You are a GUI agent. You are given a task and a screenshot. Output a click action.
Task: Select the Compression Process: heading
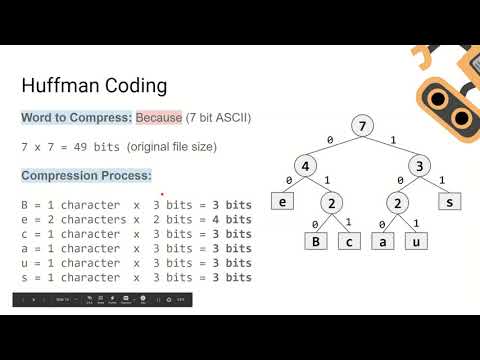(x=85, y=176)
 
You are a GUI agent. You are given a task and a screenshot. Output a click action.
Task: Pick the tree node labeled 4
(x=309, y=164)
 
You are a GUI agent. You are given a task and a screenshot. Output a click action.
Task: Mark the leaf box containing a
(x=380, y=241)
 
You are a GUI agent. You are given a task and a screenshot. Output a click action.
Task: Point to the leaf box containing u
(x=418, y=241)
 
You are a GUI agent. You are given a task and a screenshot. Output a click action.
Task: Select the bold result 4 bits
(x=231, y=219)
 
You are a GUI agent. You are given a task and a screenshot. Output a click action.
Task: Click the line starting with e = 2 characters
(x=135, y=219)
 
